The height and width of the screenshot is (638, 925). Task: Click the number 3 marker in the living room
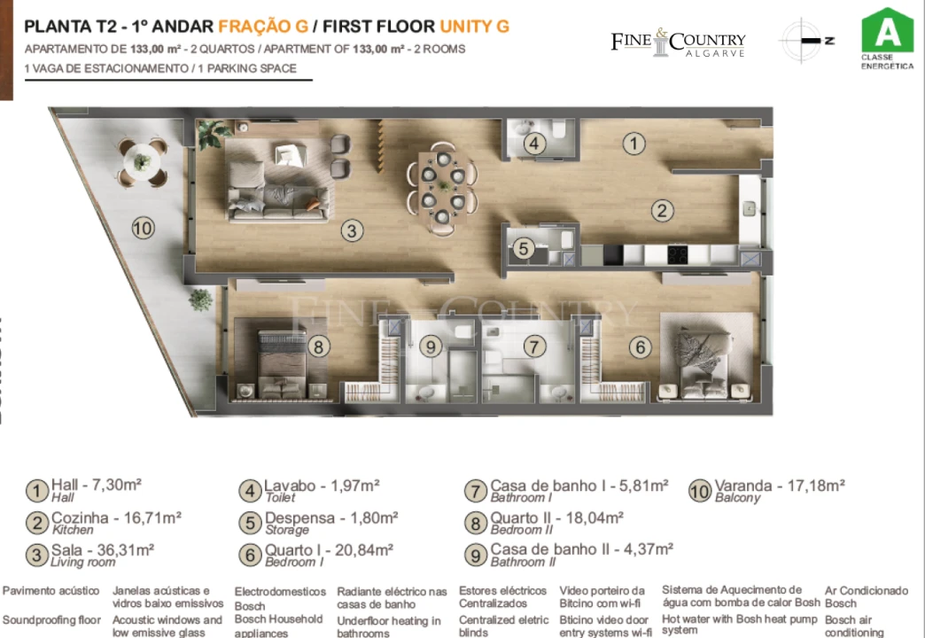[x=353, y=231]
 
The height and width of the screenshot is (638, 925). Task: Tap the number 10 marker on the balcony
[x=143, y=228]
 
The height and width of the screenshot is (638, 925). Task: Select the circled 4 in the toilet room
[x=533, y=144]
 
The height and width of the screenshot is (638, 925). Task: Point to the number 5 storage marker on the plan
[x=524, y=249]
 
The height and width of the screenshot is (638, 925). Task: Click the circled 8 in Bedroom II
[x=319, y=346]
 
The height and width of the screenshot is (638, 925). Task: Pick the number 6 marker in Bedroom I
[x=640, y=347]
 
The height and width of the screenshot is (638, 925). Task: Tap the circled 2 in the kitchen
[x=662, y=211]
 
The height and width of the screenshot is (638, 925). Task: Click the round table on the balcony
[x=142, y=161]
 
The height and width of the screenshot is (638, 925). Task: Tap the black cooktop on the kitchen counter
[x=678, y=255]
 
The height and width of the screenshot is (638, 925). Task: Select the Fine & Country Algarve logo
[x=678, y=43]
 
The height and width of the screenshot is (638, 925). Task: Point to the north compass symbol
[x=805, y=41]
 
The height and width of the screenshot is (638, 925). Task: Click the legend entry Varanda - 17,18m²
[x=780, y=486]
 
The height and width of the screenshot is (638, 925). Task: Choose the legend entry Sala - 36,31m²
[x=103, y=549]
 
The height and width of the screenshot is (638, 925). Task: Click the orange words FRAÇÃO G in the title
[x=263, y=26]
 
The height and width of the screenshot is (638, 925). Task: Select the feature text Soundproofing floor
[x=51, y=620]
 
